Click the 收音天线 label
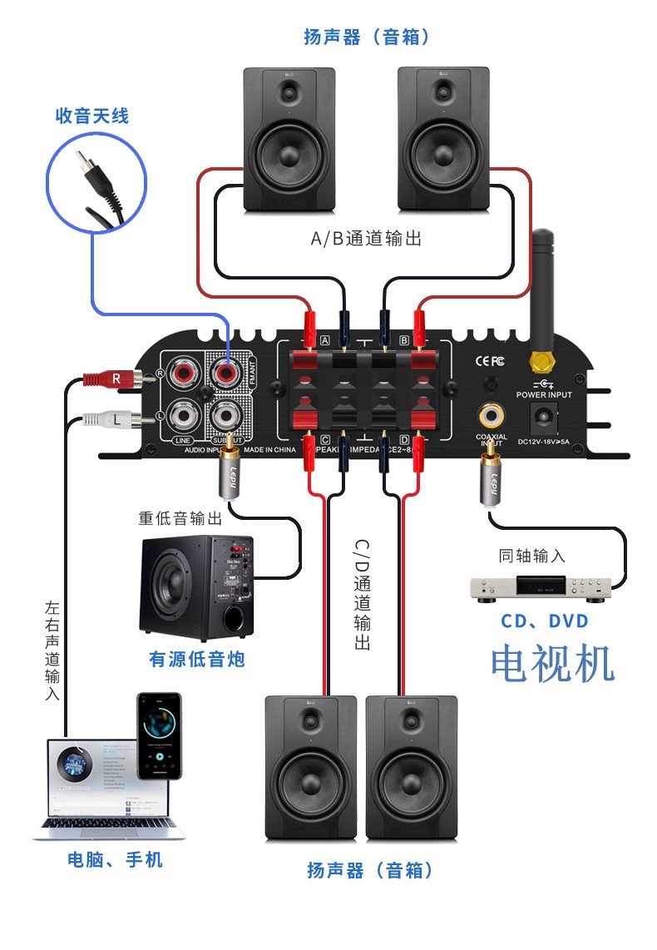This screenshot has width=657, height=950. pos(91,116)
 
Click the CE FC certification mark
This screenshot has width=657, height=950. pos(489,361)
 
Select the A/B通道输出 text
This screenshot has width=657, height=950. pos(366,239)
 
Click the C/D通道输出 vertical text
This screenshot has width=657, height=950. pos(361,594)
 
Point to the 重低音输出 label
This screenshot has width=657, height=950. pos(180,518)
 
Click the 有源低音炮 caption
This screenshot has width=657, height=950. pos(197,660)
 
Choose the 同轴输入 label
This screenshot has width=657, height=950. pos(531,556)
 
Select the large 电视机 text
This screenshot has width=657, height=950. pos(552,663)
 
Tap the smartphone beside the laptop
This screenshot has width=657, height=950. pos(159,735)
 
